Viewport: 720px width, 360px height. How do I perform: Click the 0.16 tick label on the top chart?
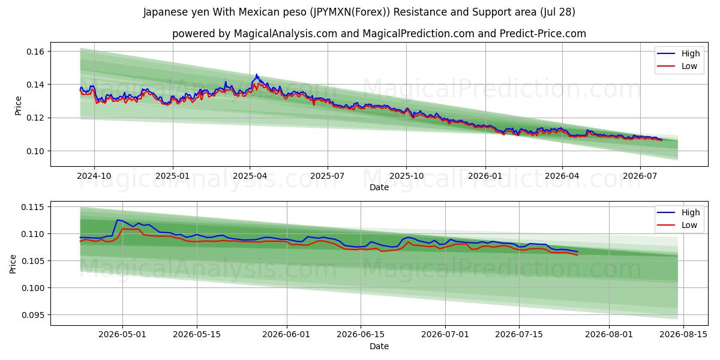point(35,52)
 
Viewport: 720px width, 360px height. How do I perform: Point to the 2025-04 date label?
point(250,176)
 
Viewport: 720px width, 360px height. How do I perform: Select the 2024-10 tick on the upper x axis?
point(94,176)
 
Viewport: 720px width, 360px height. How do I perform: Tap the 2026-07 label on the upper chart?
point(640,176)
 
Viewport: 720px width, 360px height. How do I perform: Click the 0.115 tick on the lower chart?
point(32,207)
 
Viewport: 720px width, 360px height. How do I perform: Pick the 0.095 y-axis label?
point(32,315)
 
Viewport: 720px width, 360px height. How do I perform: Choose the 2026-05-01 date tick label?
point(122,335)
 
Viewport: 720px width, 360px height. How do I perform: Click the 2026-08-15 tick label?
point(683,335)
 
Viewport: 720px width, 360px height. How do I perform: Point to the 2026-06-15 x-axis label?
point(361,335)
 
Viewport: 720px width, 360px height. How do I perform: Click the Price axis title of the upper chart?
point(18,106)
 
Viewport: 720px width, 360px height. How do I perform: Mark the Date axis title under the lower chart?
point(379,346)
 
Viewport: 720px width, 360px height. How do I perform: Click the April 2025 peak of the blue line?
point(256,74)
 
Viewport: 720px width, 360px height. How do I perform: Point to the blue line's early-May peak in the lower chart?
point(118,220)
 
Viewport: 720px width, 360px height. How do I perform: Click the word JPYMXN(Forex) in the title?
point(350,12)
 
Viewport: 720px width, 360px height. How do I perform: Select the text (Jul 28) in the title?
point(557,12)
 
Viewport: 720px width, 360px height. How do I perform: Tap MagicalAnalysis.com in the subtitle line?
point(286,34)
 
